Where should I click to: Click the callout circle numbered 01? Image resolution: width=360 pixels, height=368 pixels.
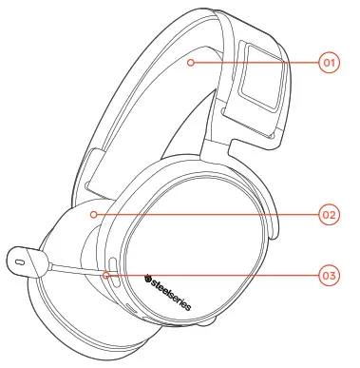(x=329, y=63)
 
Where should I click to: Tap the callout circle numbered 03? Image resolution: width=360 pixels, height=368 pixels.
(x=329, y=276)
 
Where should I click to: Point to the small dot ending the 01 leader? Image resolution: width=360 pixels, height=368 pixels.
(x=191, y=63)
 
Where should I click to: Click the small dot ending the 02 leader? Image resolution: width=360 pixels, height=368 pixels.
(x=93, y=215)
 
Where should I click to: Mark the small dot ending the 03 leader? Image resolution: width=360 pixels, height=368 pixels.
(x=104, y=276)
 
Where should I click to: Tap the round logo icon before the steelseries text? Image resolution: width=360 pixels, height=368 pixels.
(x=147, y=279)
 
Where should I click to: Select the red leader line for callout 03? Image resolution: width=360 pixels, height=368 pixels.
(x=214, y=276)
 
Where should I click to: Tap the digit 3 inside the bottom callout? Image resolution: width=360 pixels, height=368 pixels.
(x=332, y=276)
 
